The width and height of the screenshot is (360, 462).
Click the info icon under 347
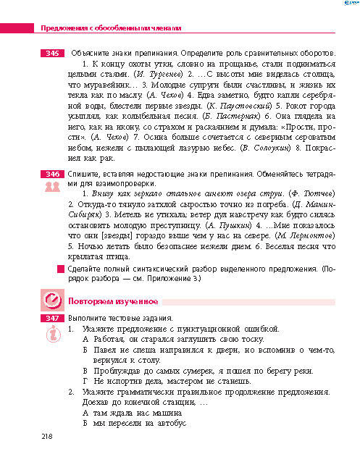point(51,332)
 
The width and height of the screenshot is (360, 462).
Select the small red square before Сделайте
point(60,269)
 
